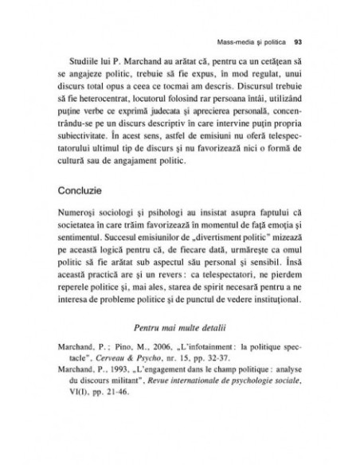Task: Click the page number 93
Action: tap(295, 43)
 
